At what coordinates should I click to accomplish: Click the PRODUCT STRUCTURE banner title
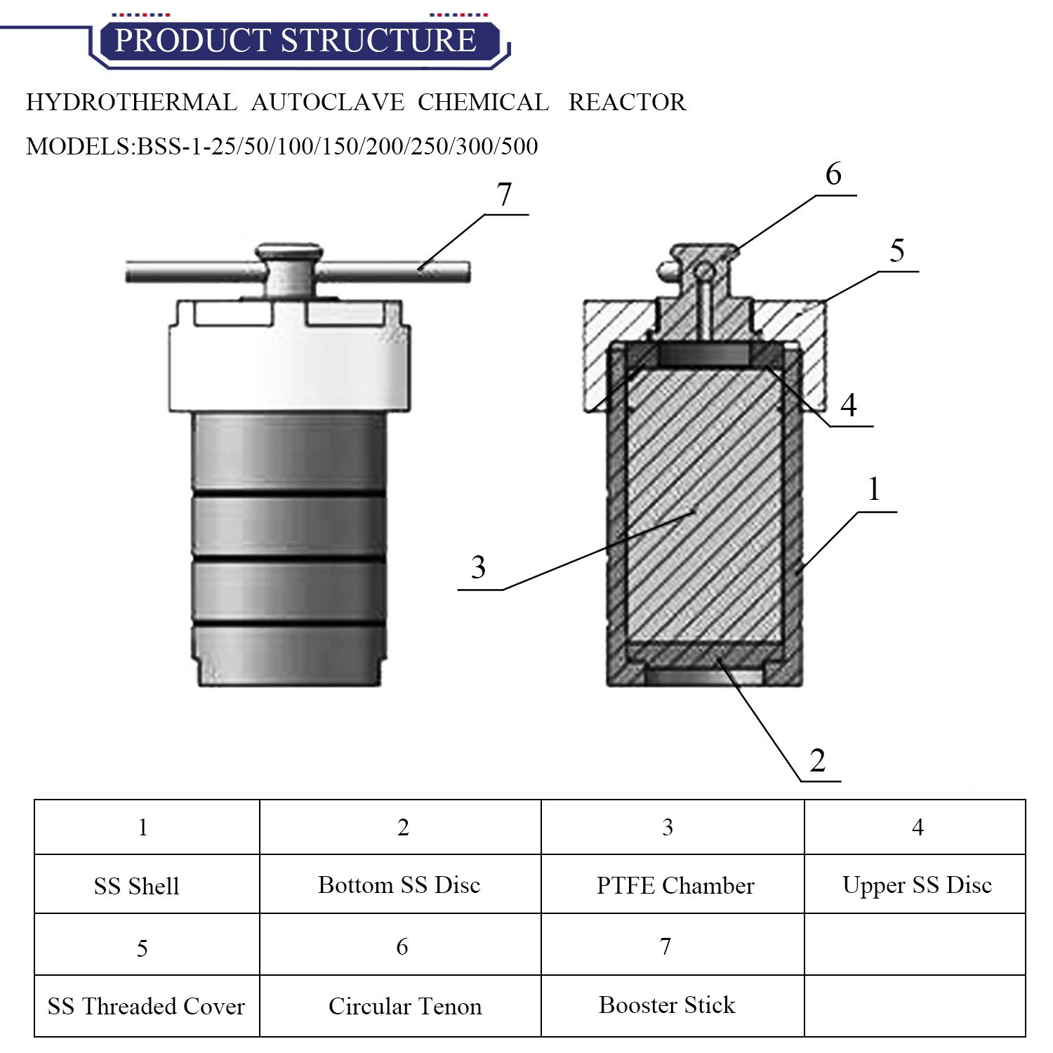296,40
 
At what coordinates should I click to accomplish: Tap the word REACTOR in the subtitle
627,102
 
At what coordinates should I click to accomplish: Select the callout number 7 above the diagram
504,194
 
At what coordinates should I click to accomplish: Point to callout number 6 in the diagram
833,174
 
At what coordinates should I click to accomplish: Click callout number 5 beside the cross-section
897,251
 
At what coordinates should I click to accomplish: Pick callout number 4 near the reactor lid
849,405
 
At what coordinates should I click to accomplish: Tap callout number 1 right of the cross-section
874,489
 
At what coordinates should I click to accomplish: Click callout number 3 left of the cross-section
478,567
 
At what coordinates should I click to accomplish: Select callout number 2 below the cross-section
817,761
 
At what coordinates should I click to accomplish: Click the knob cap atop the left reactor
289,251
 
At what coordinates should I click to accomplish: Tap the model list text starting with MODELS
282,146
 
